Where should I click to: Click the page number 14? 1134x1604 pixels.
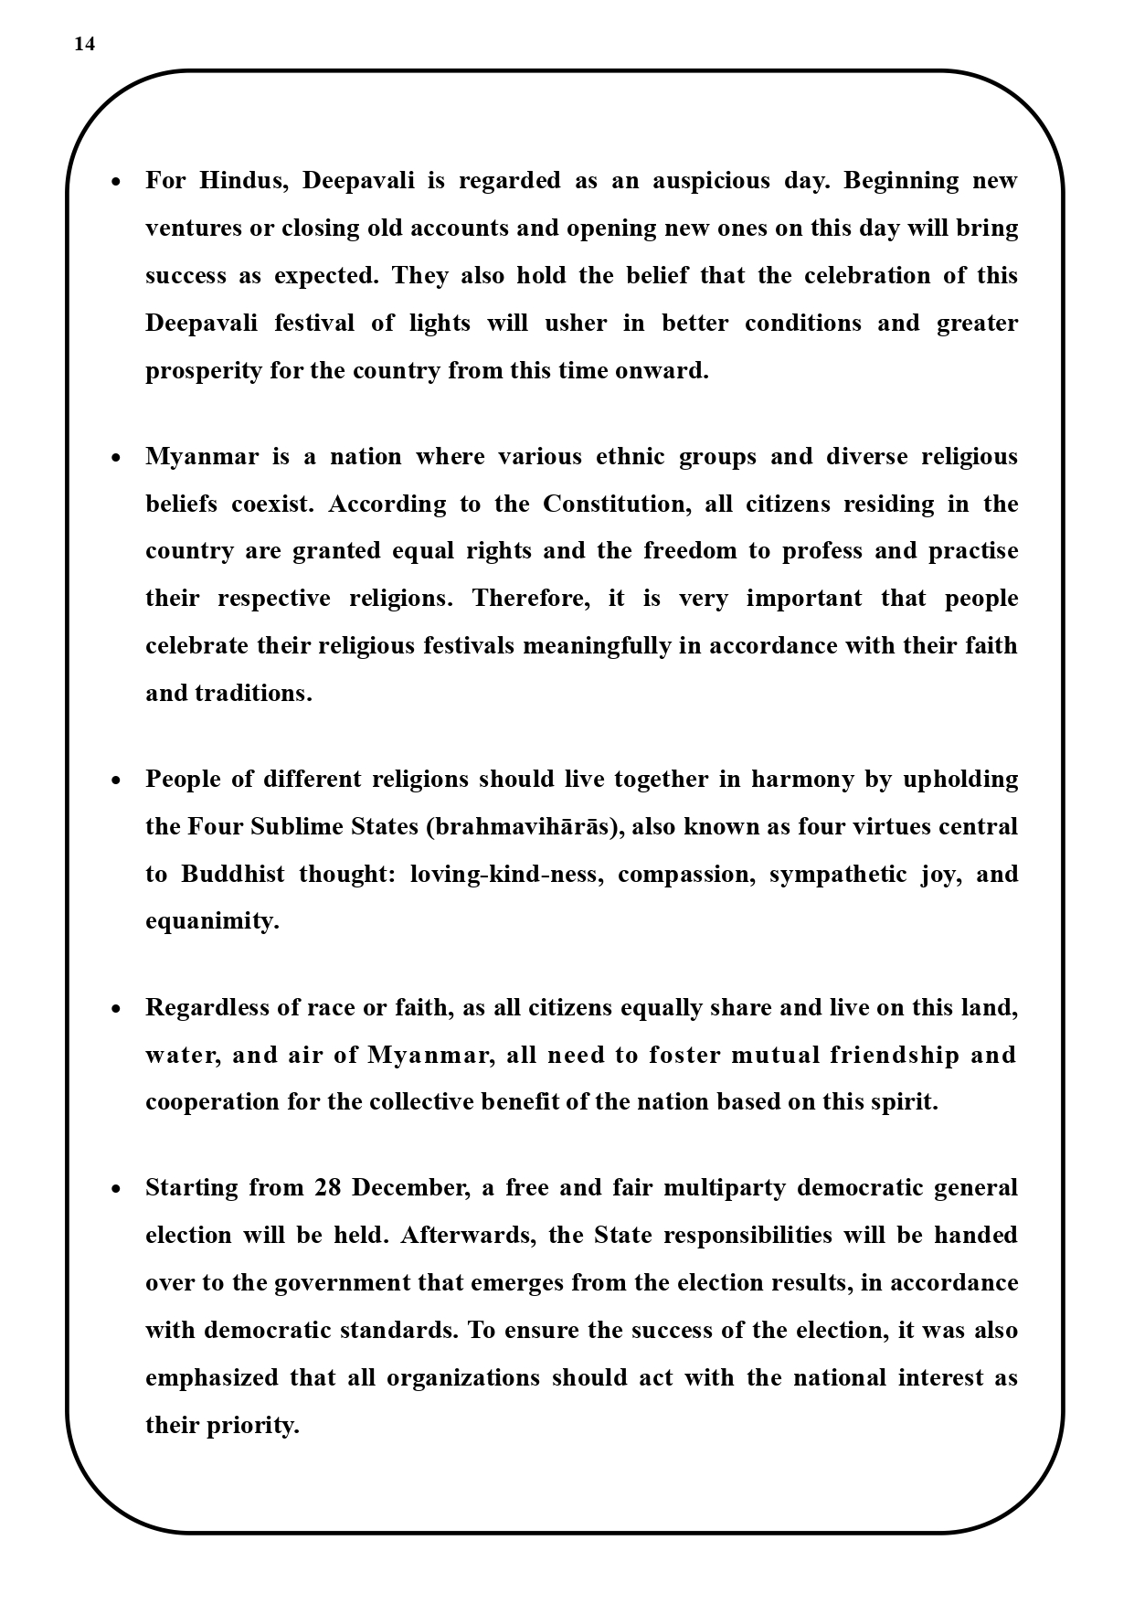click(84, 45)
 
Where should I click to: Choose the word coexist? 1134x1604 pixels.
click(271, 505)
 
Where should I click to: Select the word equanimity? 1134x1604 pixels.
click(212, 921)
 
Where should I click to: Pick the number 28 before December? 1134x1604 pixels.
click(328, 1188)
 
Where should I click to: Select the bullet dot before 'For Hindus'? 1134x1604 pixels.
click(115, 182)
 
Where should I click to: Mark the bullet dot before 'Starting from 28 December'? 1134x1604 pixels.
click(115, 1189)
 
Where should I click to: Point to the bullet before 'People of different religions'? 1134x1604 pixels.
click(115, 781)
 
